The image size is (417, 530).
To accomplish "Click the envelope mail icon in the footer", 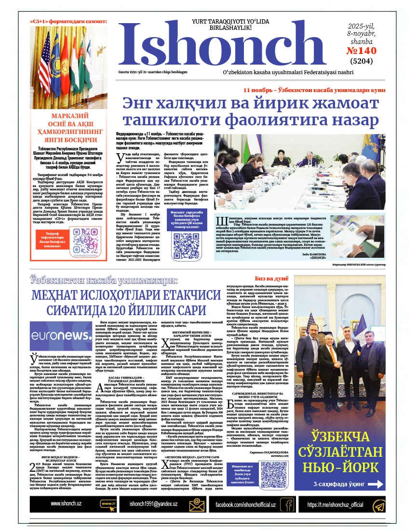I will [195, 504].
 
